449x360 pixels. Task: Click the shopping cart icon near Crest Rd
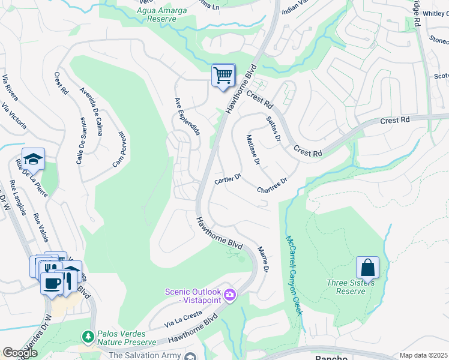pyautogui.click(x=223, y=76)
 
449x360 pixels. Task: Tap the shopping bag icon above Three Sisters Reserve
pyautogui.click(x=367, y=268)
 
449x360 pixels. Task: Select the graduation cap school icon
pyautogui.click(x=33, y=159)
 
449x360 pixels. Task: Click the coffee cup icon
pyautogui.click(x=51, y=283)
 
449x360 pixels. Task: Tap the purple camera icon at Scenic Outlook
pyautogui.click(x=230, y=295)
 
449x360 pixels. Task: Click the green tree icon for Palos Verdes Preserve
pyautogui.click(x=88, y=337)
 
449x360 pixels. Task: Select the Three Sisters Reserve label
pyautogui.click(x=350, y=287)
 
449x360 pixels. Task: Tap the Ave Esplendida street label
pyautogui.click(x=187, y=116)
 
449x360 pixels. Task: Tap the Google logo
pyautogui.click(x=20, y=353)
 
